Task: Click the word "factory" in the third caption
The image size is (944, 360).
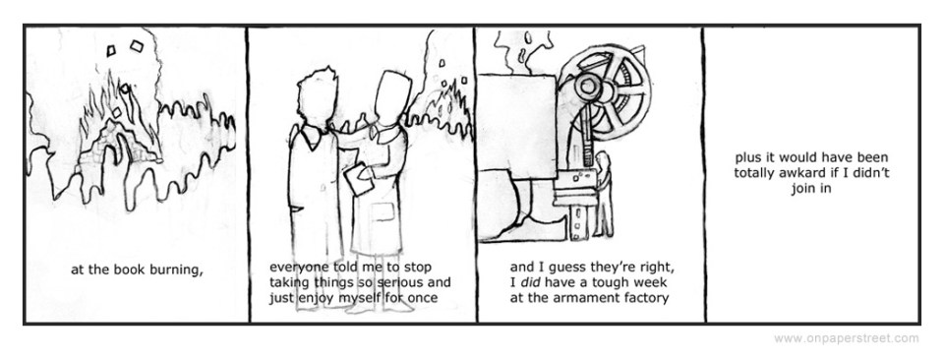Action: coord(645,298)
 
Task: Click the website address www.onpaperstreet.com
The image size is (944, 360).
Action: coord(847,338)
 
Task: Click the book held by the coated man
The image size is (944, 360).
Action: coord(360,179)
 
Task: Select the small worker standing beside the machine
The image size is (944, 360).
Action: coord(604,194)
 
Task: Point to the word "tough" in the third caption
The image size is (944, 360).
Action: coord(614,282)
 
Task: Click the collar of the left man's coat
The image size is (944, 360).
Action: coord(311,138)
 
